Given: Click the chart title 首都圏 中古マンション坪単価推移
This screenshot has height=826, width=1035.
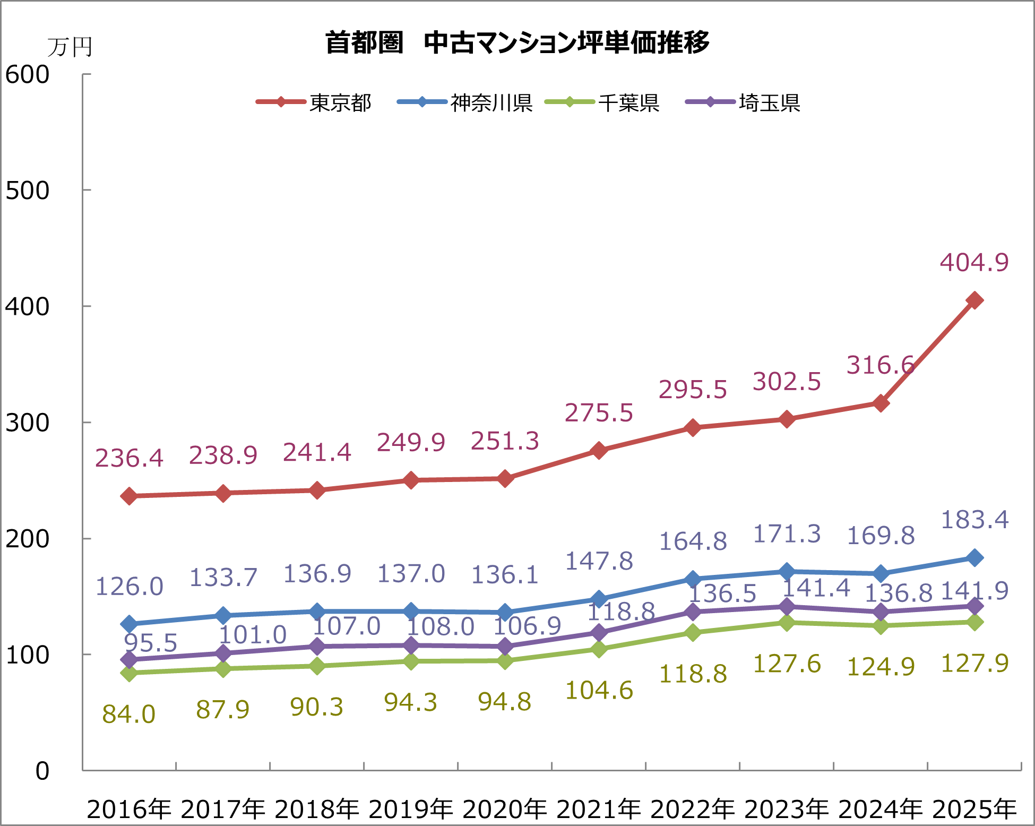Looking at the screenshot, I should point(517,42).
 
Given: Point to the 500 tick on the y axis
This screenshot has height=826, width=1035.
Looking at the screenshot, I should point(28,191).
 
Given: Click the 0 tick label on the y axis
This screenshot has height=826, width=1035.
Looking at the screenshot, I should point(42,771).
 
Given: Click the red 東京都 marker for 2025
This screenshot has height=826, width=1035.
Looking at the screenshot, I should point(974,300).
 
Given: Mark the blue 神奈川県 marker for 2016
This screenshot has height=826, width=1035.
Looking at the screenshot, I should point(129,624).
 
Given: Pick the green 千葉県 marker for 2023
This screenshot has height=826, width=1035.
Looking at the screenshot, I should point(787,622).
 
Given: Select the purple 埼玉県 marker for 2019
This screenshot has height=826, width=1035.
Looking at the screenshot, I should point(411,646).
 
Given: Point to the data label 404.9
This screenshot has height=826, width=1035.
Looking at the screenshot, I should point(974,262).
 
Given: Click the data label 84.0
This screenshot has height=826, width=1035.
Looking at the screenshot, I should point(129,715).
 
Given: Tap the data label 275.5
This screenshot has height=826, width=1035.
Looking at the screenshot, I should point(599,413).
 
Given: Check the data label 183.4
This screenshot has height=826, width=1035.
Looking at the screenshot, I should point(974,520).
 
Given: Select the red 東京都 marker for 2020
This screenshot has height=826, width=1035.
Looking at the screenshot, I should point(505,479).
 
